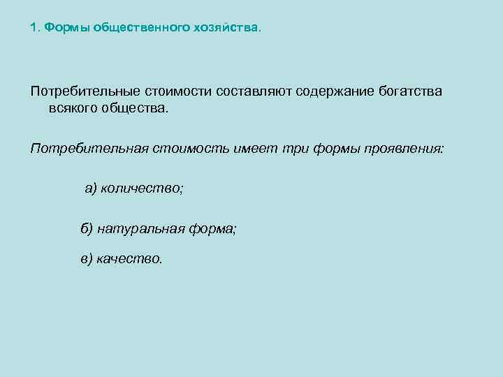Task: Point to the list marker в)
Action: (87, 259)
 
